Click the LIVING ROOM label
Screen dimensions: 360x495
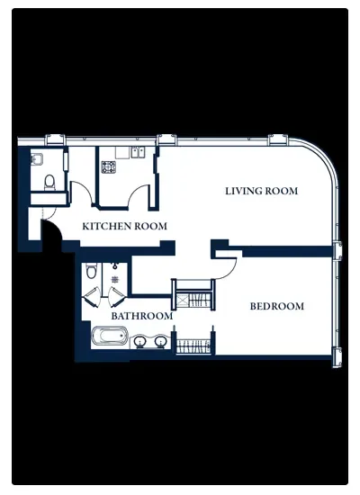[x=262, y=191]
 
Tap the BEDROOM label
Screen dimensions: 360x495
[x=277, y=306]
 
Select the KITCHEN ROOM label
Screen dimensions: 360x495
[x=125, y=226]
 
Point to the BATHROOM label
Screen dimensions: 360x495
[x=142, y=316]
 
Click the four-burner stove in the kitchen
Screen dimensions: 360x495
[x=109, y=167]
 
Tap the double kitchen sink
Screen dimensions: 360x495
[x=138, y=152]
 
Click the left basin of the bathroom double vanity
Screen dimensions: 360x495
[x=139, y=341]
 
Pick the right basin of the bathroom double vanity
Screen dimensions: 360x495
[x=160, y=341]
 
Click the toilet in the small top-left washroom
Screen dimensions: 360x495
[x=49, y=183]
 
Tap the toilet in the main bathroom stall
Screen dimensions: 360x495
[x=91, y=271]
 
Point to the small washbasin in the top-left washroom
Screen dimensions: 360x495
[x=37, y=158]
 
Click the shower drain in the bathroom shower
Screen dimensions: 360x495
[x=114, y=279]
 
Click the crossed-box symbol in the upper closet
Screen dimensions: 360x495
[x=182, y=301]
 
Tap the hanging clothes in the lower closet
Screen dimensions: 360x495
[x=193, y=346]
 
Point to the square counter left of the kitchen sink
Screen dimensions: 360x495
[x=123, y=152]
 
